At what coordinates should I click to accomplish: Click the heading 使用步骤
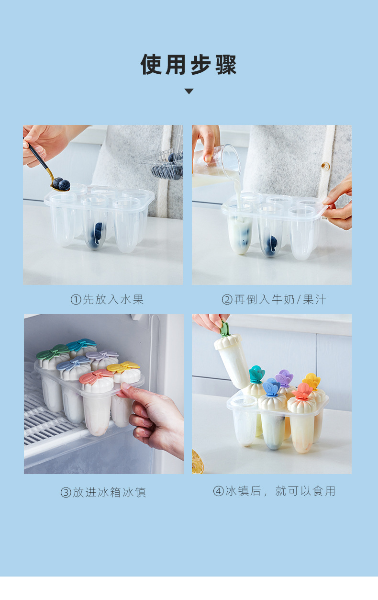[189, 65]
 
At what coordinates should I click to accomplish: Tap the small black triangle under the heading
[189, 91]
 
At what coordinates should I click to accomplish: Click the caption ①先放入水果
[107, 300]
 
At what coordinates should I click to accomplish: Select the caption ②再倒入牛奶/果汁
[274, 300]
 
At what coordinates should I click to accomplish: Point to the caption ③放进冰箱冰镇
[103, 492]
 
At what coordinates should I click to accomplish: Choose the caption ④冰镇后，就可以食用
[274, 491]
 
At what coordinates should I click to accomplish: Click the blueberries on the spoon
[61, 184]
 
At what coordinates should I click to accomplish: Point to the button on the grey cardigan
[325, 166]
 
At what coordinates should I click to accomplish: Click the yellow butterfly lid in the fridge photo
[123, 367]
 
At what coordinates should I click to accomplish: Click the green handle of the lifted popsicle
[224, 329]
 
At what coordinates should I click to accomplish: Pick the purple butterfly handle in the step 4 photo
[284, 378]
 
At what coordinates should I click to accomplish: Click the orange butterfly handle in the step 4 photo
[302, 390]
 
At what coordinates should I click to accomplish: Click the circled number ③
[66, 493]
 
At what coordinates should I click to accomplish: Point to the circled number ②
[227, 300]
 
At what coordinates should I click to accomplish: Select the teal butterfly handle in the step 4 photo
[257, 374]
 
